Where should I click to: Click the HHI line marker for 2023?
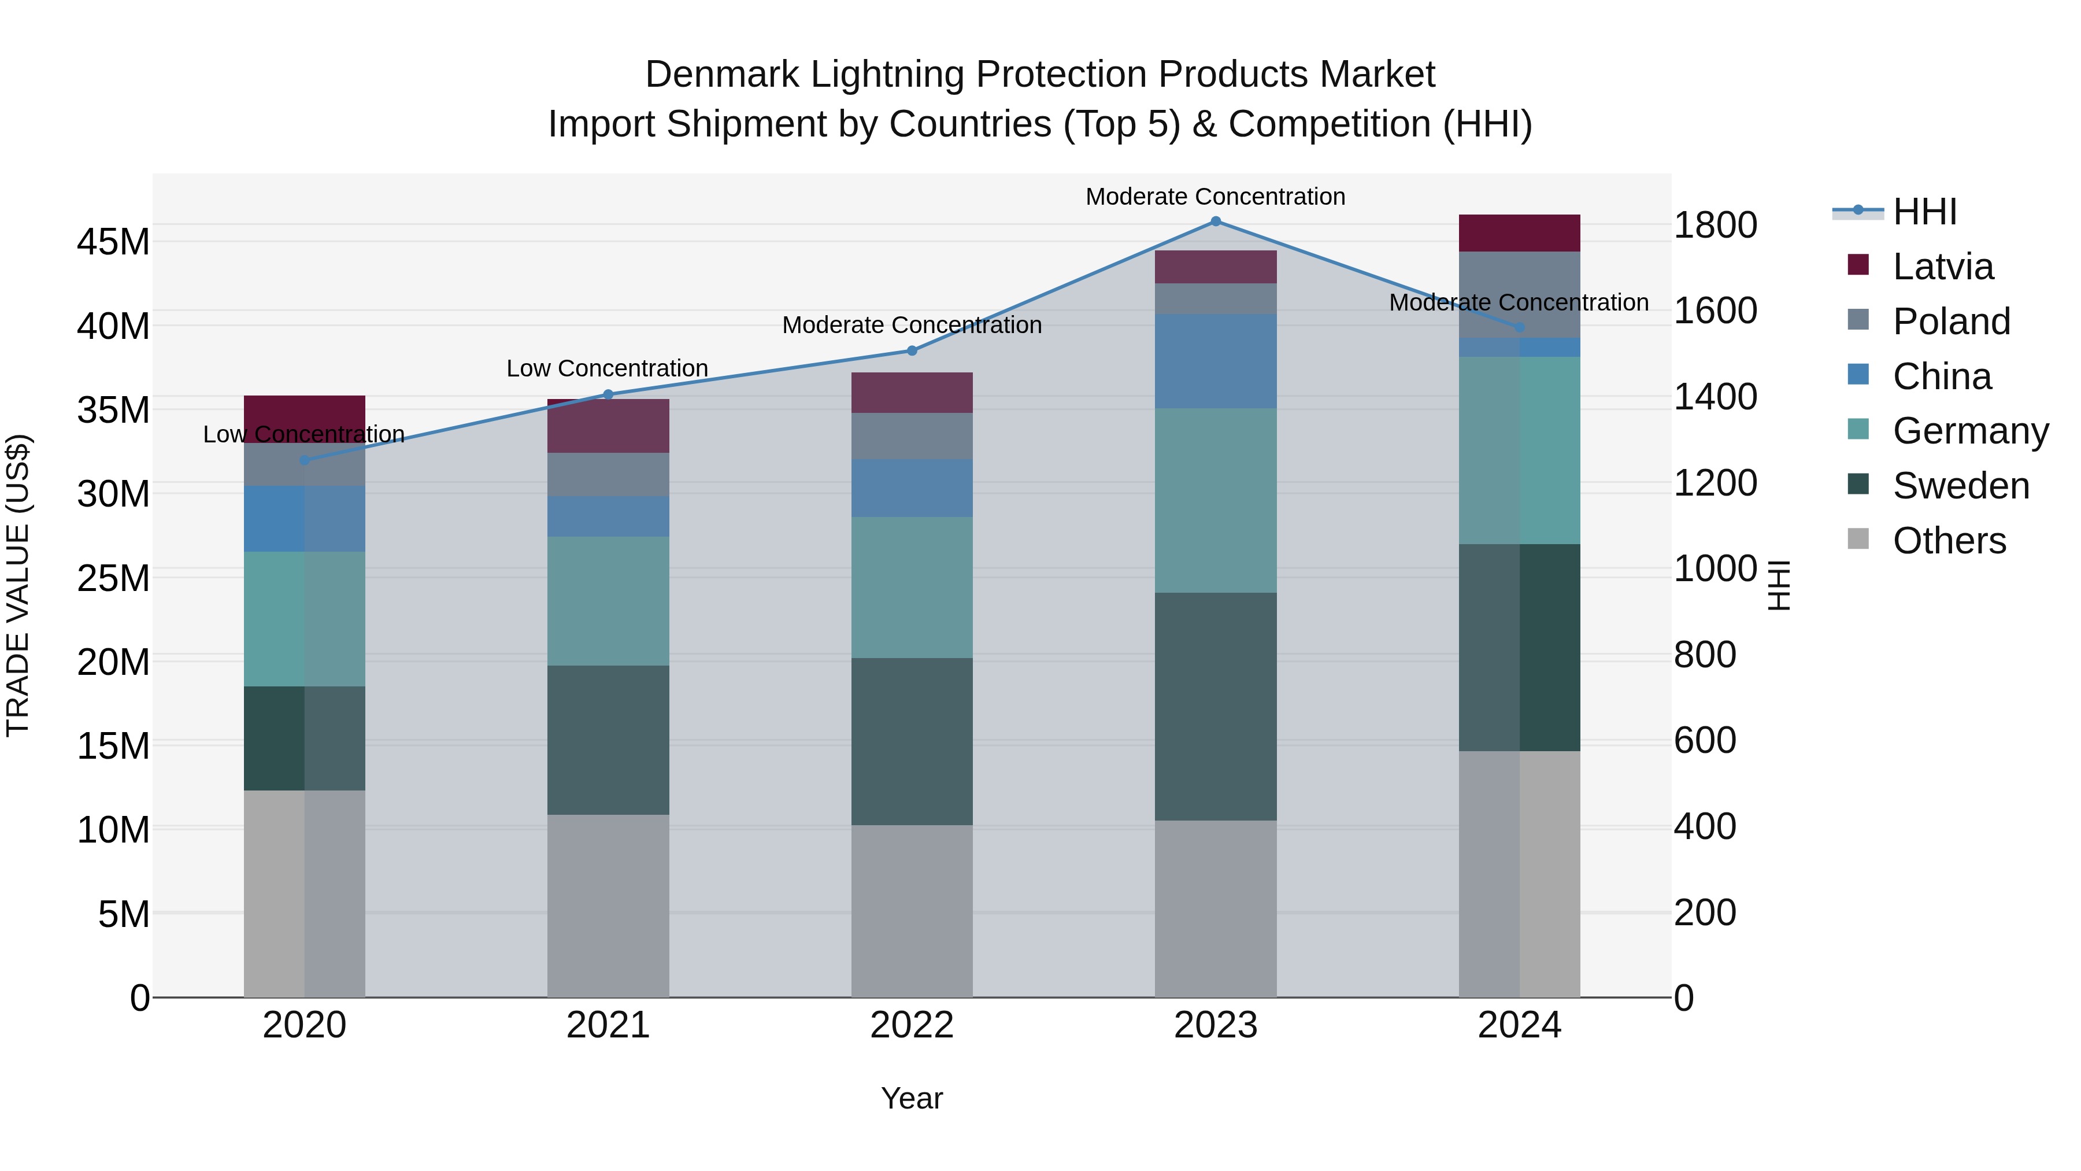(1215, 221)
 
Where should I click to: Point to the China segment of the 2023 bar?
(1215, 361)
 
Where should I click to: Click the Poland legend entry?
(1951, 322)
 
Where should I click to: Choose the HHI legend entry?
(1924, 212)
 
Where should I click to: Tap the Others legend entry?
(1949, 541)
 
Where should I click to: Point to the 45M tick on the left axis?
(113, 242)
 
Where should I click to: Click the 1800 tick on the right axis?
(1715, 225)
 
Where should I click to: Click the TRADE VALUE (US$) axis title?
(18, 585)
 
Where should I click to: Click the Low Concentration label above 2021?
(607, 368)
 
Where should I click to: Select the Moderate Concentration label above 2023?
(1215, 197)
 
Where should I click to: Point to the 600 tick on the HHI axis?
(1705, 740)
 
